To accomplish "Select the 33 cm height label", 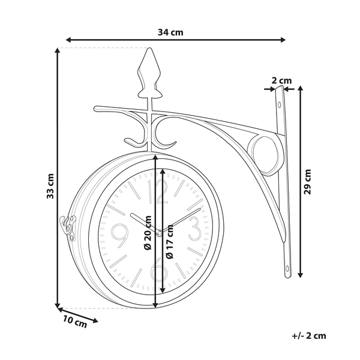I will coord(51,185).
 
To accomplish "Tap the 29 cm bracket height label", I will coord(308,182).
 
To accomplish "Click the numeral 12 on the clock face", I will coord(161,192).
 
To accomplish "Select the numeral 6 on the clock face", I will coord(158,271).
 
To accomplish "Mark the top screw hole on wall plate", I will coord(280,106).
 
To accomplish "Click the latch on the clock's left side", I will coord(67,227).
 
